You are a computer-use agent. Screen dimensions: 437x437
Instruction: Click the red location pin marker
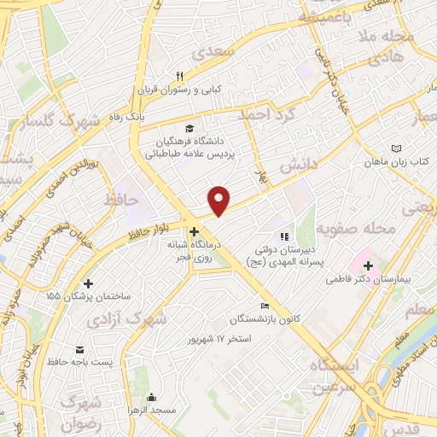click(219, 200)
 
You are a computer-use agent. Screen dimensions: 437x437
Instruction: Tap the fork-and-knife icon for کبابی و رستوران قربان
click(180, 75)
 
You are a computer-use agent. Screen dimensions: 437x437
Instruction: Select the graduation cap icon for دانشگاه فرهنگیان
click(189, 128)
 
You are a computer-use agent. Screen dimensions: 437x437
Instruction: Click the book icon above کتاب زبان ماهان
click(395, 148)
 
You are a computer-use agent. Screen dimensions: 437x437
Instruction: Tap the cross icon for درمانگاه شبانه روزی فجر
click(195, 230)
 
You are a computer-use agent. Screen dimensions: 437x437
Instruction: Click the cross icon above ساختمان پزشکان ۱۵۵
click(89, 283)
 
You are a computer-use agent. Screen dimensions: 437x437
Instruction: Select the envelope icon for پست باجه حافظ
click(80, 351)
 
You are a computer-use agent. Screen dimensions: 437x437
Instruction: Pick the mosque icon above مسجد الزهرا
click(151, 396)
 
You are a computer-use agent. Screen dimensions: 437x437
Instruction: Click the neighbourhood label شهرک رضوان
click(81, 407)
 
